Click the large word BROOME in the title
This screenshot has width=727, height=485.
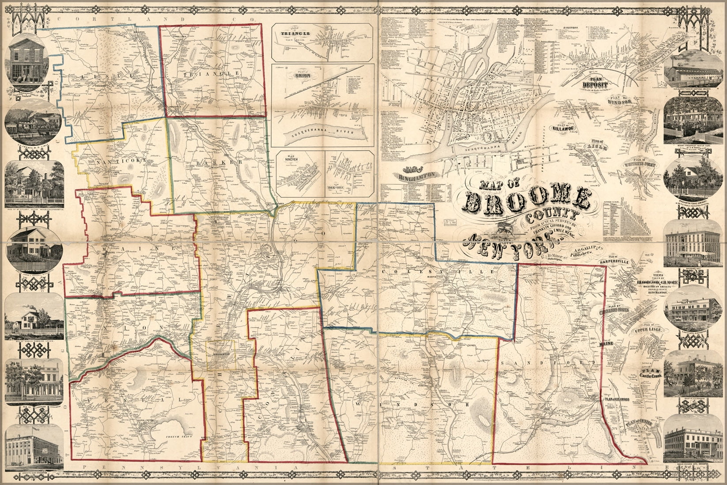[x=526, y=201]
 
